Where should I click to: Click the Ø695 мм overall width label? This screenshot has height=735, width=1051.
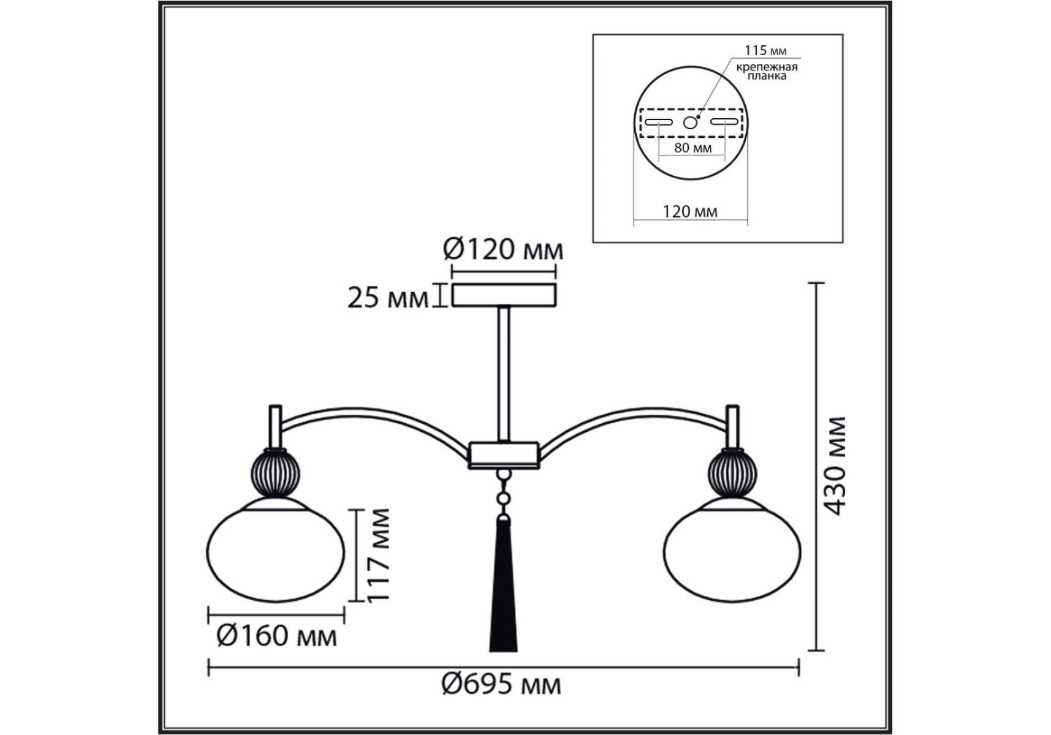[501, 684]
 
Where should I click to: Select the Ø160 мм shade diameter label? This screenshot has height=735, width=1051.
[277, 636]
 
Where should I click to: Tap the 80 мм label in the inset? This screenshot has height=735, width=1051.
[692, 148]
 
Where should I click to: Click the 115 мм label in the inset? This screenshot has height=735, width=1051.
[765, 51]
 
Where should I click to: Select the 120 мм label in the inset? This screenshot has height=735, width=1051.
[690, 211]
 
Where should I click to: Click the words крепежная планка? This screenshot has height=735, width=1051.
[767, 71]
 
